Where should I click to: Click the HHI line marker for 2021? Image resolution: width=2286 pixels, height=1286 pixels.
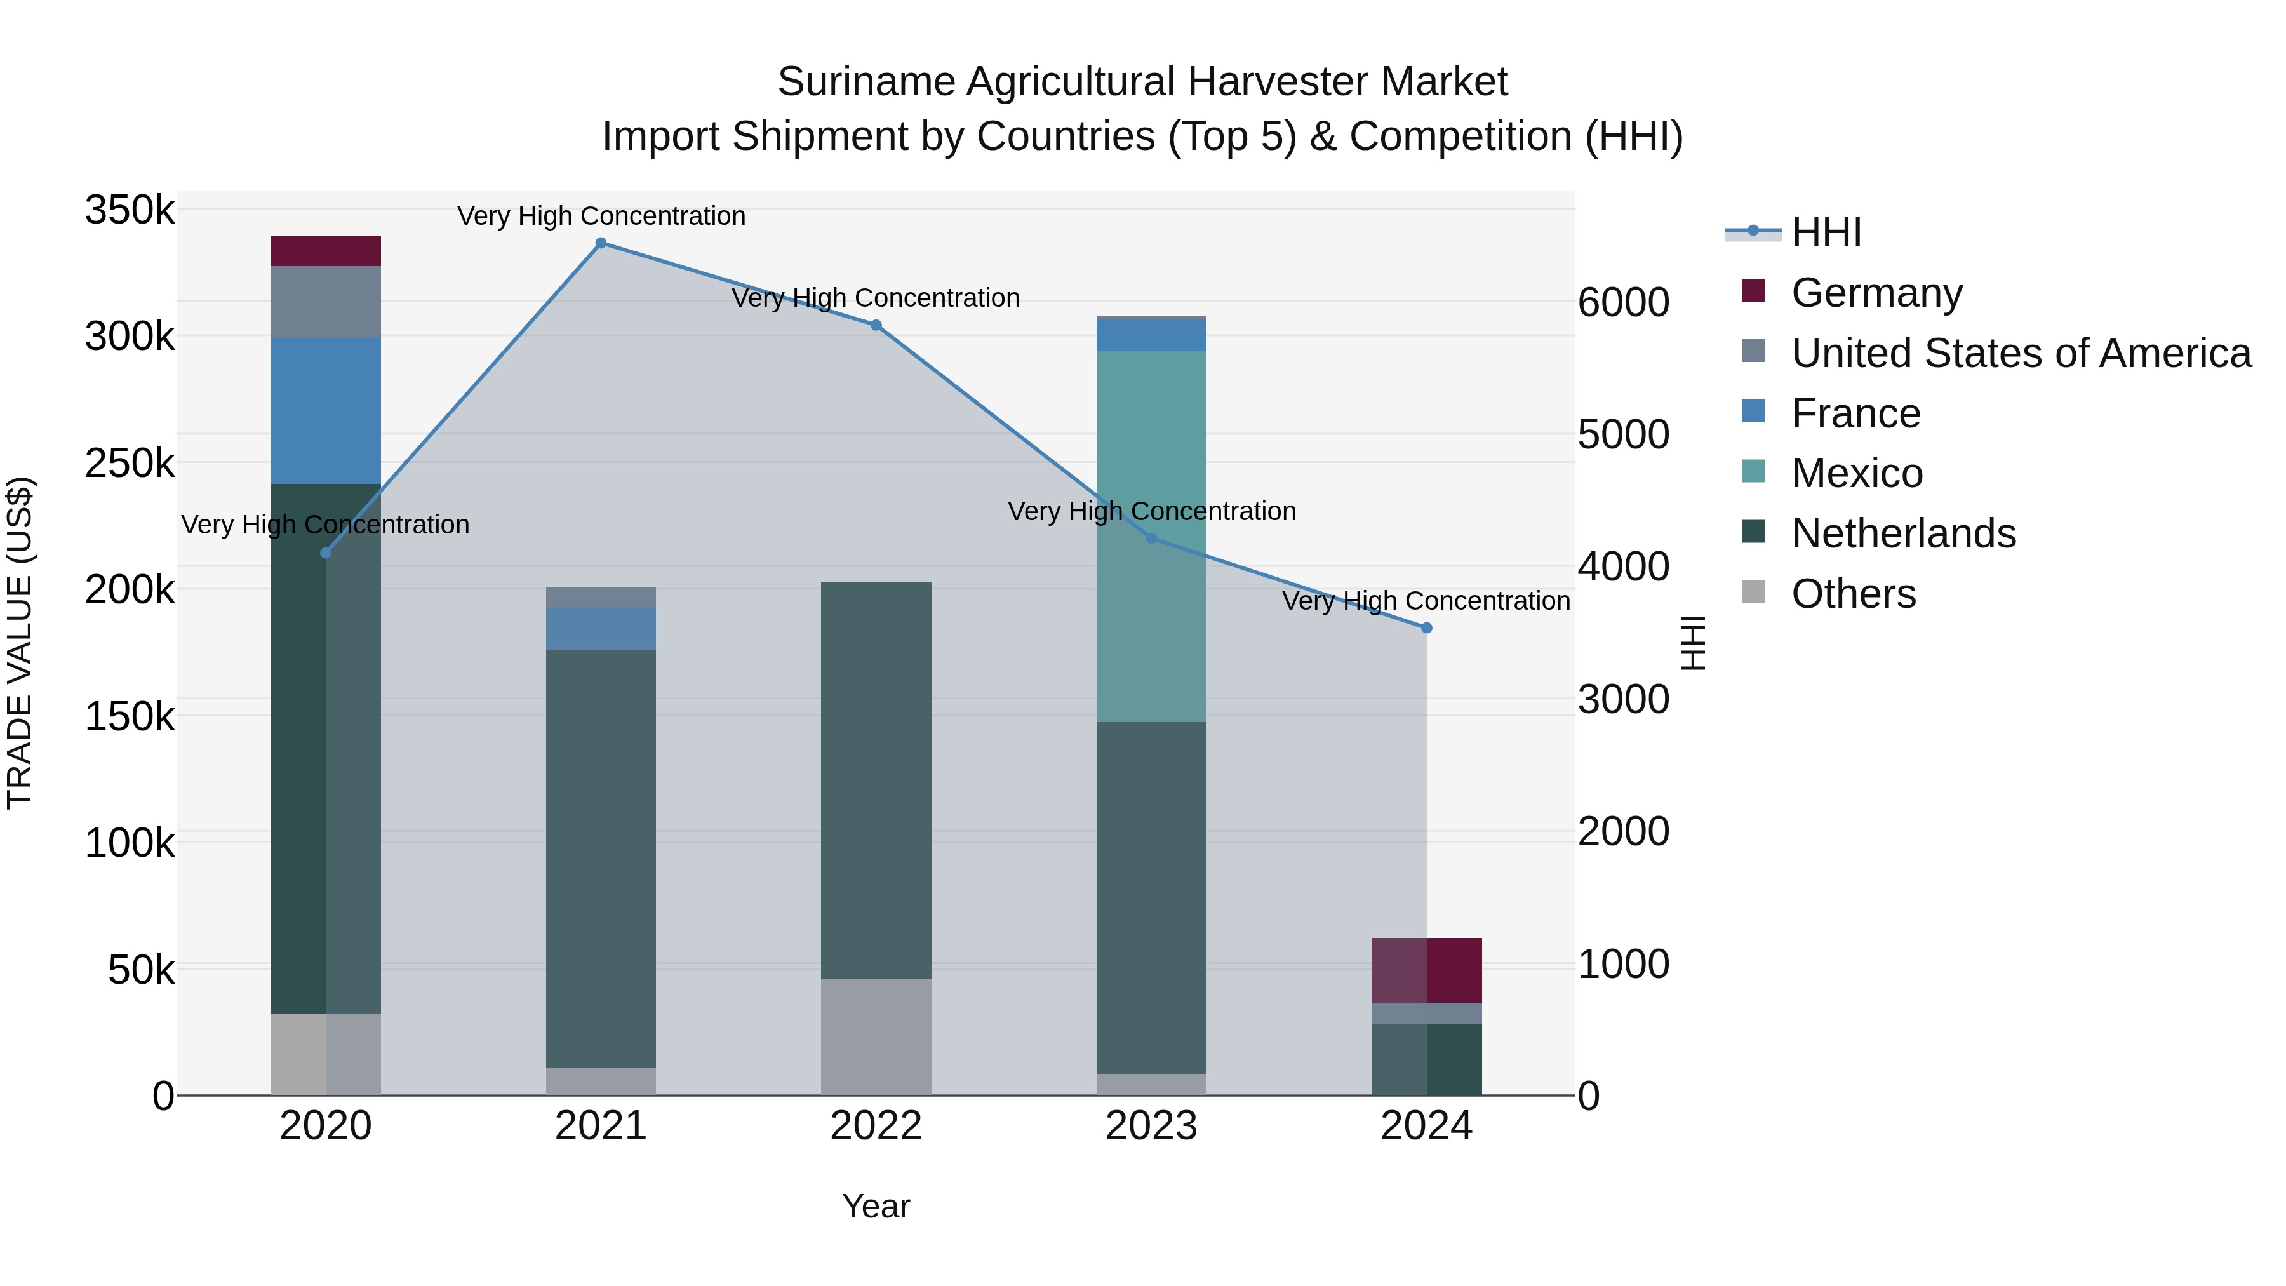tap(601, 243)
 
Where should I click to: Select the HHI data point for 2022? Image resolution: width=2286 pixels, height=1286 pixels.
tap(876, 325)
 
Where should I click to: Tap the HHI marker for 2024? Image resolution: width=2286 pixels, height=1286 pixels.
tap(1427, 627)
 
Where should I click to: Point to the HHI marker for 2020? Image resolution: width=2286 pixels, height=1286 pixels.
tap(326, 553)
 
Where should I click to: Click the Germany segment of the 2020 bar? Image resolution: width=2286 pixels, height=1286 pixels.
tap(326, 251)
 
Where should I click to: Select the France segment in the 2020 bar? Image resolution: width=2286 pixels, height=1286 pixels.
tap(326, 410)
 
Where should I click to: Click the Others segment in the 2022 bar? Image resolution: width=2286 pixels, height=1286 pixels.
tap(876, 1036)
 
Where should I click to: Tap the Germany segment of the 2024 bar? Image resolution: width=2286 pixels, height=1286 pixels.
tap(1427, 970)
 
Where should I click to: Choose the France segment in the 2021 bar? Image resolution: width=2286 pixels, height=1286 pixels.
tap(601, 628)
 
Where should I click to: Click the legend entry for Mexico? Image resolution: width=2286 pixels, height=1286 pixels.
tap(1857, 473)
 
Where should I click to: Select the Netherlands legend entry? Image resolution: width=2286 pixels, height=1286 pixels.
tap(1902, 533)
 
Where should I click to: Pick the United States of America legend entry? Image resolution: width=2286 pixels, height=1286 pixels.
tap(2021, 353)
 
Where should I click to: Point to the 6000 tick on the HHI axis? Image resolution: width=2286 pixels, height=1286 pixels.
tap(1623, 303)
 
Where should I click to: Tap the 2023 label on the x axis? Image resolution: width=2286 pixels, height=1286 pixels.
tap(1151, 1126)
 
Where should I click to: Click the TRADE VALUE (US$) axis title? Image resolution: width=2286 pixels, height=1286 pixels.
tap(20, 643)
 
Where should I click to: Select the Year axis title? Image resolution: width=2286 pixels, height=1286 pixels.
tap(876, 1206)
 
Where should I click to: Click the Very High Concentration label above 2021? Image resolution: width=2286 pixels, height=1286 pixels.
tap(601, 216)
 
